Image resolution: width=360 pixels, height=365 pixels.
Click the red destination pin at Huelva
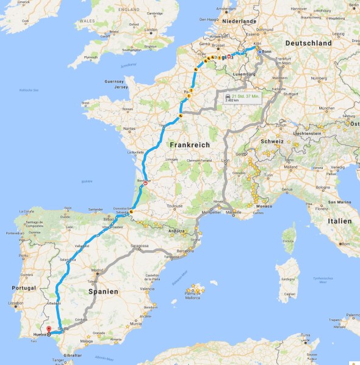tap(48, 330)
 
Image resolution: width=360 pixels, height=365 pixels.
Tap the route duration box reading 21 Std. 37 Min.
tap(242, 98)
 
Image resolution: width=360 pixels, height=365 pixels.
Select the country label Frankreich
tap(189, 145)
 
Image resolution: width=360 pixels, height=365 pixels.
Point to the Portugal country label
tap(22, 287)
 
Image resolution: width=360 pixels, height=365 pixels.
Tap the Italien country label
tap(339, 220)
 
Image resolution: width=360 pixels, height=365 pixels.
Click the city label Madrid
tap(97, 272)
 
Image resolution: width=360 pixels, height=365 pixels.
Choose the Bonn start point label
tap(267, 52)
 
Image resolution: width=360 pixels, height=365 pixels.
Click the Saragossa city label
tap(140, 246)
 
